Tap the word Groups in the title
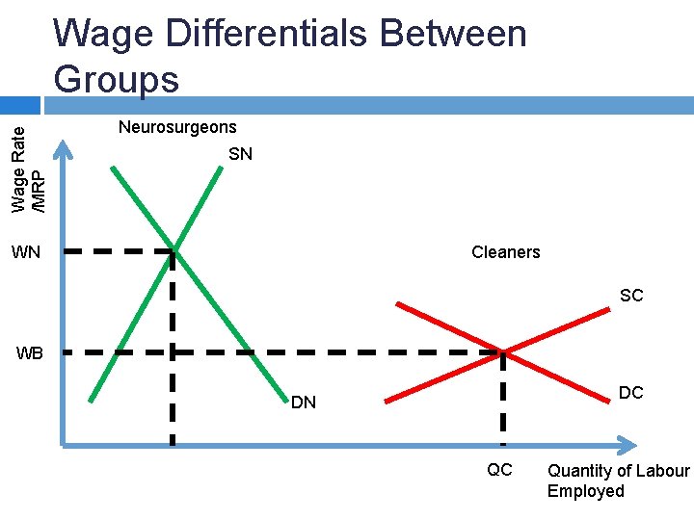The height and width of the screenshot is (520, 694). [x=117, y=79]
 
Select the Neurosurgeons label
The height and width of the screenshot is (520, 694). [x=177, y=127]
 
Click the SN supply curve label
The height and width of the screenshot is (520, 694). [x=240, y=154]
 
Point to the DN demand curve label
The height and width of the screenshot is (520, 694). [x=304, y=403]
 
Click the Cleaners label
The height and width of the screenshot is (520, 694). [x=505, y=252]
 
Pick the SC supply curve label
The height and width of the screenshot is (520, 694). [x=631, y=296]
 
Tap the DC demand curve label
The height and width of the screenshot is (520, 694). [x=631, y=393]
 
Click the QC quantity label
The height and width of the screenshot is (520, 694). [x=499, y=471]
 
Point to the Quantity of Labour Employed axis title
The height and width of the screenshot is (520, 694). [x=618, y=481]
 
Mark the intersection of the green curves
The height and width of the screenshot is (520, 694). [x=173, y=250]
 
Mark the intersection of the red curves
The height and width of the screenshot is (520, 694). [x=502, y=351]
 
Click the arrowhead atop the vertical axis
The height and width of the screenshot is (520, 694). [x=62, y=146]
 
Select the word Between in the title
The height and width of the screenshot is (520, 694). [x=453, y=35]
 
